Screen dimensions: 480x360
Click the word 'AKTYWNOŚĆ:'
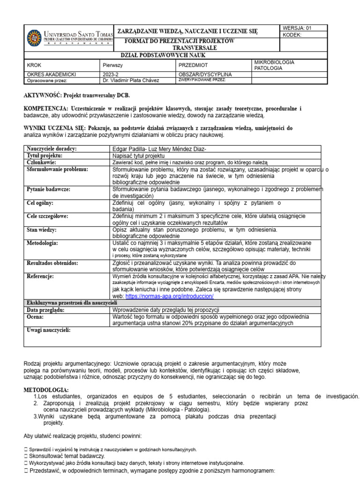click(41, 95)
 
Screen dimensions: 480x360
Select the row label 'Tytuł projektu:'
click(45, 156)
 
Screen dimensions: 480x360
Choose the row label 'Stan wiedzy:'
click(42, 230)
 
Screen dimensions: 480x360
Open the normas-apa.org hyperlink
click(170, 297)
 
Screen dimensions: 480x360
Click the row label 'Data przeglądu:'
click(45, 310)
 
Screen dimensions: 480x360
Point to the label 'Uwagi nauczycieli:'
click(49, 330)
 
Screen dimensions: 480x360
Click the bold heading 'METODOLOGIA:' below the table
click(46, 390)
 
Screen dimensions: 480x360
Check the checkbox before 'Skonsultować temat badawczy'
click(25, 456)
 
